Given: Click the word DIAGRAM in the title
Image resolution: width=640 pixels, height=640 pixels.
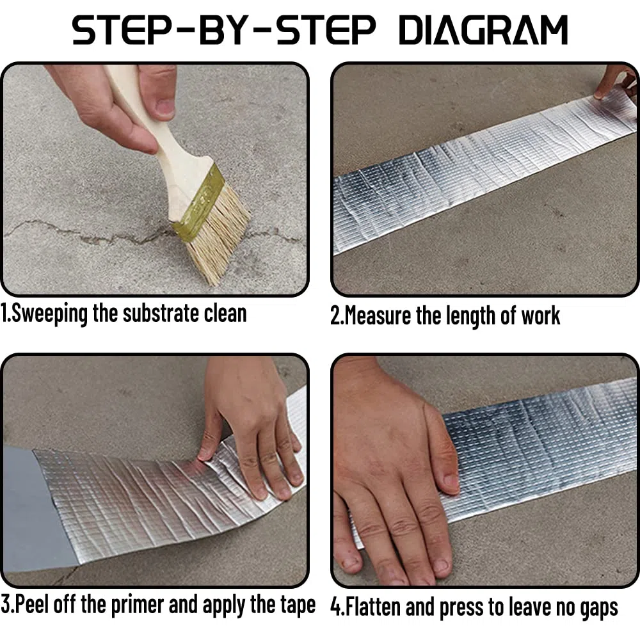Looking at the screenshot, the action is pos(483,30).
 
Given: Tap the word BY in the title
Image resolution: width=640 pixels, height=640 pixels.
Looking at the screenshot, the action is pos(223,30).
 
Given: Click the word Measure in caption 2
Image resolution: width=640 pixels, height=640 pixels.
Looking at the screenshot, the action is pos(378,316).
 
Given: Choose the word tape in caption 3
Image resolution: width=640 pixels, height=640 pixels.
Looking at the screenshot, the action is pos(298,605).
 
